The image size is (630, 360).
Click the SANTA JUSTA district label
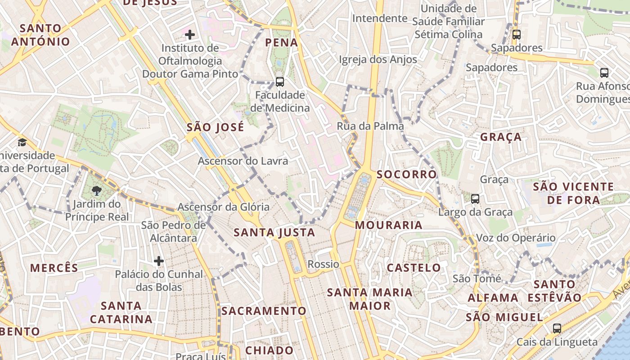click(x=274, y=233)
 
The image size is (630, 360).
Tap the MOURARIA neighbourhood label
click(x=389, y=225)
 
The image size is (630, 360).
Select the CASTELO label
click(x=414, y=268)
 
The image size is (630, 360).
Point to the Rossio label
click(x=323, y=264)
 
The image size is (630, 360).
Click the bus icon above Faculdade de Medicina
click(x=279, y=82)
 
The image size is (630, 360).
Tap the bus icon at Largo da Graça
click(x=475, y=199)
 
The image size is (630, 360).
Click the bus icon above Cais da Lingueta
click(x=557, y=328)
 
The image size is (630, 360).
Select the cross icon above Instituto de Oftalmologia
click(x=190, y=34)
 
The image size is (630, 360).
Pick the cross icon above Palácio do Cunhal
click(x=158, y=261)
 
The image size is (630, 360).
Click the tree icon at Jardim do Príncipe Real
click(x=96, y=191)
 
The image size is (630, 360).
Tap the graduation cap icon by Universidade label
click(x=22, y=143)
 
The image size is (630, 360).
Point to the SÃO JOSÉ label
click(x=215, y=127)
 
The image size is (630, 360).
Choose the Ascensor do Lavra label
click(x=243, y=161)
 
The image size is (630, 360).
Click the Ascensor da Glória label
click(x=223, y=207)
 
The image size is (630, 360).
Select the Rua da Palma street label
click(x=370, y=126)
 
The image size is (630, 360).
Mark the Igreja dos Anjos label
click(x=378, y=59)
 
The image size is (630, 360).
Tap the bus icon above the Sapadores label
click(x=516, y=34)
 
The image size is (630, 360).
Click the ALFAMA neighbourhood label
click(x=493, y=298)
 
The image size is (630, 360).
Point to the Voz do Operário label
click(x=516, y=238)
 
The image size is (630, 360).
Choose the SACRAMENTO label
click(x=264, y=311)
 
